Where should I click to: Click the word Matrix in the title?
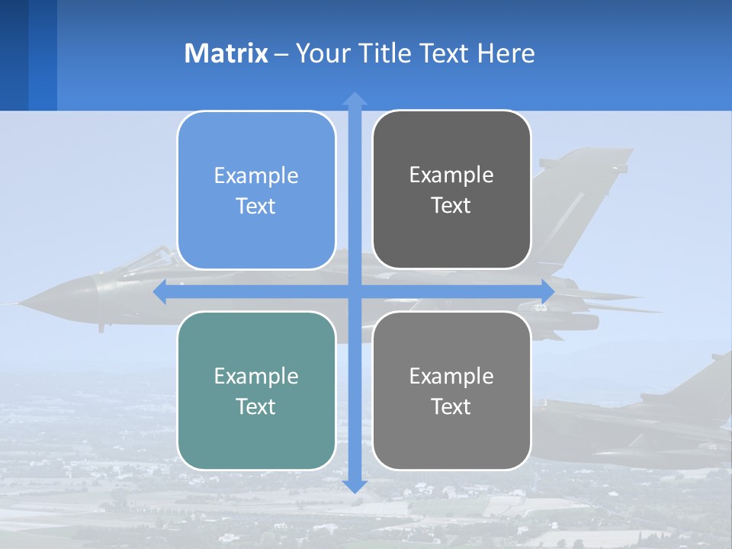click(226, 53)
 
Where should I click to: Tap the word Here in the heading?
click(506, 53)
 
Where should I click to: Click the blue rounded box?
click(256, 191)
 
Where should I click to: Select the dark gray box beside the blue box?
click(451, 190)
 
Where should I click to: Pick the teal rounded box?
click(256, 390)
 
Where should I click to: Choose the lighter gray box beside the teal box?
click(451, 390)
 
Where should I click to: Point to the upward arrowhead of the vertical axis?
click(355, 98)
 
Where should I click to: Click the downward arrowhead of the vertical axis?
click(355, 486)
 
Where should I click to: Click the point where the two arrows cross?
click(355, 292)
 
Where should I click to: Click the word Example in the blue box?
click(256, 175)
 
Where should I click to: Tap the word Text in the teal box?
click(256, 406)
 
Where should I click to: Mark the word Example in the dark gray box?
click(451, 175)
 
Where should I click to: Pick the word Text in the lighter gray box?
click(451, 406)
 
